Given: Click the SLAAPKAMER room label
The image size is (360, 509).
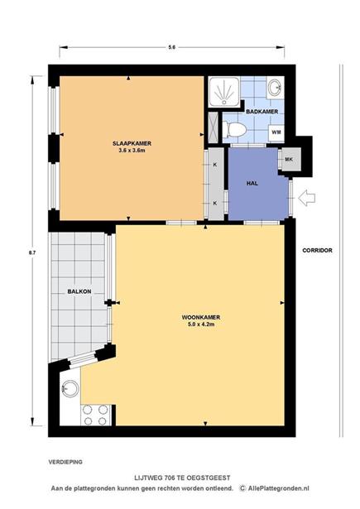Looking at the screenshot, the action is pyautogui.click(x=132, y=143).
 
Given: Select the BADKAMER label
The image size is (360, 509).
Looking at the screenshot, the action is pyautogui.click(x=262, y=112).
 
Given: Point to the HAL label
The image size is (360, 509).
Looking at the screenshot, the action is pyautogui.click(x=252, y=183).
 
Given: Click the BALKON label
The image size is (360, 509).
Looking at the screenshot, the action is pyautogui.click(x=79, y=291).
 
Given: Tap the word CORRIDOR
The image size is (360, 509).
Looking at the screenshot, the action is pyautogui.click(x=317, y=250).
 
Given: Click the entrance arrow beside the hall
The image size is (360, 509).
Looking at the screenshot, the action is pyautogui.click(x=306, y=198).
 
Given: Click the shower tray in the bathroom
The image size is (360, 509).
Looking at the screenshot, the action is pyautogui.click(x=223, y=91).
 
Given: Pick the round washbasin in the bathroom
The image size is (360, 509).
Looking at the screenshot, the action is pyautogui.click(x=276, y=88).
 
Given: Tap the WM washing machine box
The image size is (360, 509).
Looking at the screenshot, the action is pyautogui.click(x=276, y=132).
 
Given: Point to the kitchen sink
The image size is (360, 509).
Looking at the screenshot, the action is pyautogui.click(x=70, y=387).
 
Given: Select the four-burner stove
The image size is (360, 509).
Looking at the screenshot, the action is pyautogui.click(x=95, y=415).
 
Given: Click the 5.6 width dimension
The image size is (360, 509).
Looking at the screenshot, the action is pyautogui.click(x=171, y=47).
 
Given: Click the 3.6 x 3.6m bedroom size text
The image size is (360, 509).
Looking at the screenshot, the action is pyautogui.click(x=132, y=150).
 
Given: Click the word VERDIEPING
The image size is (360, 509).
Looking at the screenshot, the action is pyautogui.click(x=65, y=462).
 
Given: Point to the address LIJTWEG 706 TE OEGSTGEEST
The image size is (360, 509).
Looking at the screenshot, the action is pyautogui.click(x=182, y=478).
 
